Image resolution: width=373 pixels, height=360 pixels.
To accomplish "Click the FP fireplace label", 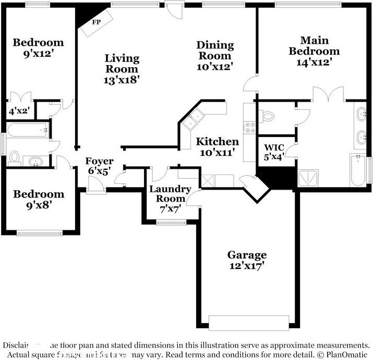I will (x=96, y=22).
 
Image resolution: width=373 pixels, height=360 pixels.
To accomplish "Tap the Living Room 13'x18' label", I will (x=122, y=69).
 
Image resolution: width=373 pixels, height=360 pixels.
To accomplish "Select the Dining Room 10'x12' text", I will (x=214, y=56).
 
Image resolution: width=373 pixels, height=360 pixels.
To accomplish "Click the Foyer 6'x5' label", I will (x=100, y=166).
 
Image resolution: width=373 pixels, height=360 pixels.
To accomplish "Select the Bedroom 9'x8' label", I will (x=39, y=199).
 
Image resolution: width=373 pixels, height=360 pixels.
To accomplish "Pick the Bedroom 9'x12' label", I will (x=38, y=47).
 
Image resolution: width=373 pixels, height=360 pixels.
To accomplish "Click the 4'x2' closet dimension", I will (x=19, y=110).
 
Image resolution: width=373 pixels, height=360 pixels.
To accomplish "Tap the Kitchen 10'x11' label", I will (x=217, y=146).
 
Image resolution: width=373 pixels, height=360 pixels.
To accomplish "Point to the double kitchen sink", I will (x=194, y=119).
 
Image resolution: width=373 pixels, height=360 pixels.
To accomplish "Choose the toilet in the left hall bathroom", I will (x=14, y=156).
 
